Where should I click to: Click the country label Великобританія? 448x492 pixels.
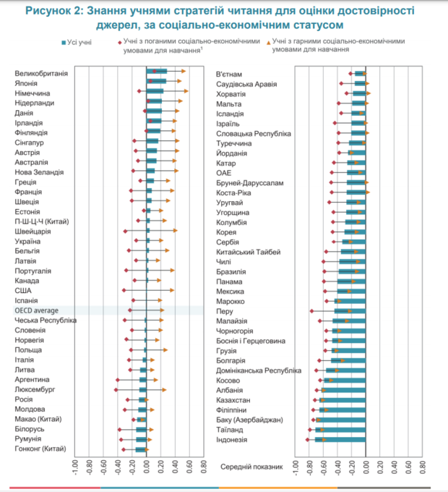(x=41, y=73)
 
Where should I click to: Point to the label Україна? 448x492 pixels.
(x=28, y=241)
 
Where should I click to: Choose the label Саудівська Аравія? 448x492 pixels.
(x=246, y=84)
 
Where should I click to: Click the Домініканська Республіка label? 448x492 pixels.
(x=259, y=370)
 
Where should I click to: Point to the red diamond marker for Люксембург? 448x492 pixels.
(x=116, y=389)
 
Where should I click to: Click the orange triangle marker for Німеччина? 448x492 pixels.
(x=186, y=91)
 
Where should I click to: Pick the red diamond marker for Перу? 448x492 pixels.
(x=311, y=311)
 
